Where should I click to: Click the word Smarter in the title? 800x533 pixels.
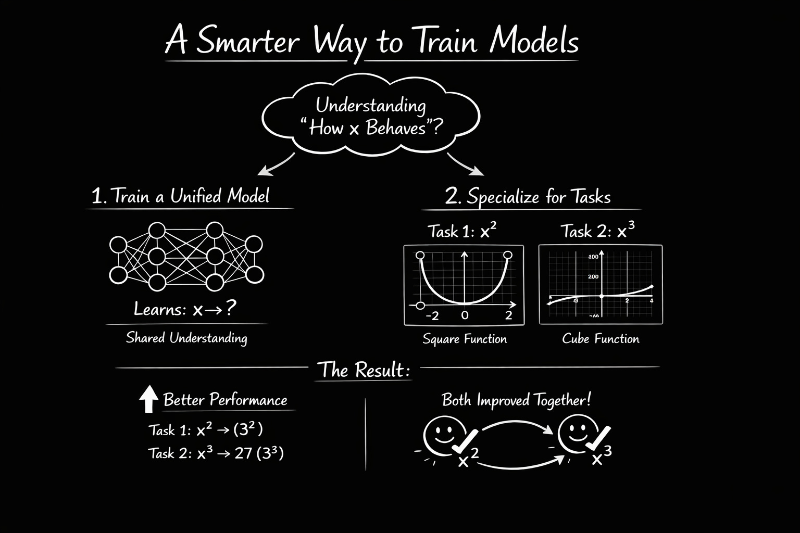[x=247, y=42]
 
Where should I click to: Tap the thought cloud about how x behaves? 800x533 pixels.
[x=370, y=116]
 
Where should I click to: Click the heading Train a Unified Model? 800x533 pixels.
[x=181, y=196]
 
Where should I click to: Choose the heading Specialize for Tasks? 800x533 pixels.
[x=528, y=197]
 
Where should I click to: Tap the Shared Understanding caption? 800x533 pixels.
[x=186, y=338]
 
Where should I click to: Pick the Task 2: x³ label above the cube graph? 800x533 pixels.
[x=597, y=231]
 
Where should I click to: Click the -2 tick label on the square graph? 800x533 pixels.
[x=432, y=315]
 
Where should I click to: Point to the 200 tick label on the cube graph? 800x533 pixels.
[x=593, y=276]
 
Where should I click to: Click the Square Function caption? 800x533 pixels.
[x=465, y=339]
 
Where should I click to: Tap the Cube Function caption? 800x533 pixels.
[x=601, y=339]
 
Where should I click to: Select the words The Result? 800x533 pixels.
[x=363, y=370]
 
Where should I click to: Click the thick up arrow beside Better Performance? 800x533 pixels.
[x=148, y=399]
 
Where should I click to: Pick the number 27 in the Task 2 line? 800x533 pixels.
[x=243, y=453]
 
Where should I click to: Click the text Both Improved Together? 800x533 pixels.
[x=516, y=400]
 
